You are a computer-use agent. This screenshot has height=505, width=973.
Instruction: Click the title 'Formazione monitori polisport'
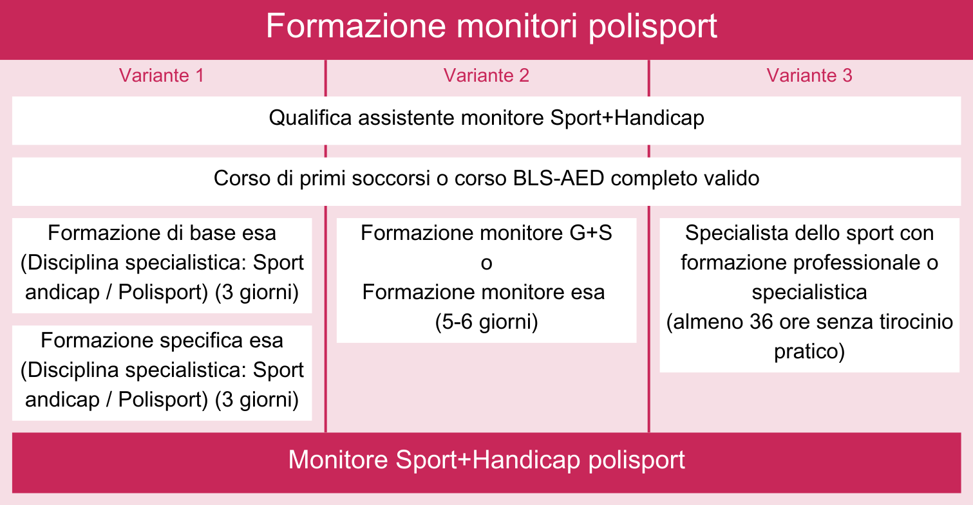(491, 26)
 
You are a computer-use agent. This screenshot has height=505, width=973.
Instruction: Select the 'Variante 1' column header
(162, 75)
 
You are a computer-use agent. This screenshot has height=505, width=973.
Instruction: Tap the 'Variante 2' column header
(487, 75)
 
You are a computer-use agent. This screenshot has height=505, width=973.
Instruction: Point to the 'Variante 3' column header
(809, 75)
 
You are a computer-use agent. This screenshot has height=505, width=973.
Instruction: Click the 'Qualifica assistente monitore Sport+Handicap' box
(487, 120)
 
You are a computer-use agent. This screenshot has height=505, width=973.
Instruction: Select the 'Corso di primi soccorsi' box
(487, 181)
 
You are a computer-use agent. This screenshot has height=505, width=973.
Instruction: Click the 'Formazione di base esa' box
(162, 266)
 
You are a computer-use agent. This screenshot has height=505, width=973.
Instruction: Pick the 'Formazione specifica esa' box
(162, 372)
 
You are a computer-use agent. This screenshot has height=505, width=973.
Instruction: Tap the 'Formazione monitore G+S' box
(487, 280)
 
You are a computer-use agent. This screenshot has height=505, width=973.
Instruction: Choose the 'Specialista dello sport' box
(809, 295)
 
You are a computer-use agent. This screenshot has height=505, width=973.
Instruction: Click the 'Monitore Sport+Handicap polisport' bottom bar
(487, 463)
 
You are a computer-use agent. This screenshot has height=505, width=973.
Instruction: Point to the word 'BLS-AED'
(558, 178)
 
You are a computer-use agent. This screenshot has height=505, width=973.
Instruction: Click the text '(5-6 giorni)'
(487, 322)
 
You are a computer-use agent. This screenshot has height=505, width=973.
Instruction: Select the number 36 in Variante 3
(761, 322)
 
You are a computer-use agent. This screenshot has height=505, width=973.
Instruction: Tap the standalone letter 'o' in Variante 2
(487, 264)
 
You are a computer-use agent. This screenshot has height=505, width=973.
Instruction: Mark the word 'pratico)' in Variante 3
(809, 351)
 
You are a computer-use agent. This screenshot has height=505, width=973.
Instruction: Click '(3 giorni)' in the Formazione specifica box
(257, 399)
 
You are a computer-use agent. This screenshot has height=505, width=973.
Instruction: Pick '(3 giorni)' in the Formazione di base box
(257, 293)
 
